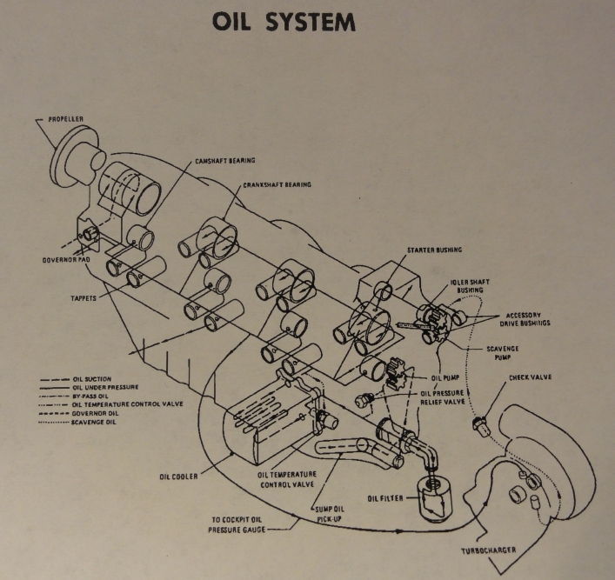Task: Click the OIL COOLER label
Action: pyautogui.click(x=180, y=477)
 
